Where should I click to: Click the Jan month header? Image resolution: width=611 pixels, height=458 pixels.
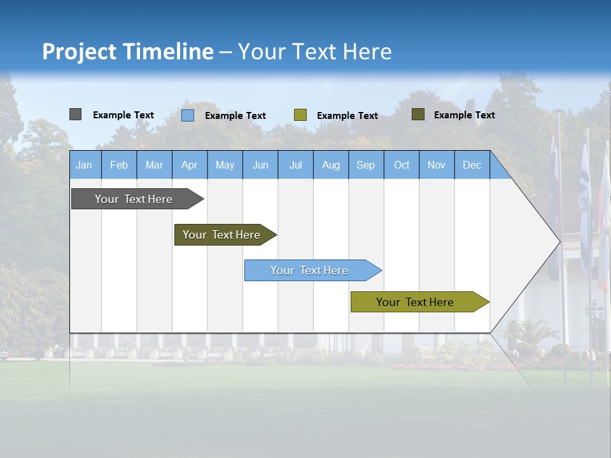pos(84,165)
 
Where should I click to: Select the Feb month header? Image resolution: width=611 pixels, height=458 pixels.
pos(119,165)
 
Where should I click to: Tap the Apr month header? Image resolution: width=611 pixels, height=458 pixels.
pos(189,165)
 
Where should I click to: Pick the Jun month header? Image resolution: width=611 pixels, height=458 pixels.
pos(260,165)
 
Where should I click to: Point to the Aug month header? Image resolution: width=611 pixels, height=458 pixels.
pos(330,165)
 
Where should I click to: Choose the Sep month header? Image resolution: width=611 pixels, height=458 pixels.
pos(365,165)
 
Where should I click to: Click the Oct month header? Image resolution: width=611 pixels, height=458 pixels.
pos(402,165)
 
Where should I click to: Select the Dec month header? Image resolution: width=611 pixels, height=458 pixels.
pos(472,165)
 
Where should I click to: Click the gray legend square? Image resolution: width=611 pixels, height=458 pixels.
pos(75,114)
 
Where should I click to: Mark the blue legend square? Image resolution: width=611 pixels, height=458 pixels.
pos(188,115)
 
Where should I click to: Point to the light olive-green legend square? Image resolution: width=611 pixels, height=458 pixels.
pos(300,115)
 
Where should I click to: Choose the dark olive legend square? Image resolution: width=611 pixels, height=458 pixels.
pos(418,114)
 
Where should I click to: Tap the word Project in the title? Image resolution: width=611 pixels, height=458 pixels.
pos(80,52)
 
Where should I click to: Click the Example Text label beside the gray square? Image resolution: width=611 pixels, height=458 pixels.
pos(123,115)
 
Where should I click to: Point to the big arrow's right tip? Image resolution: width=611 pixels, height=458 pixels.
pos(559,242)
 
